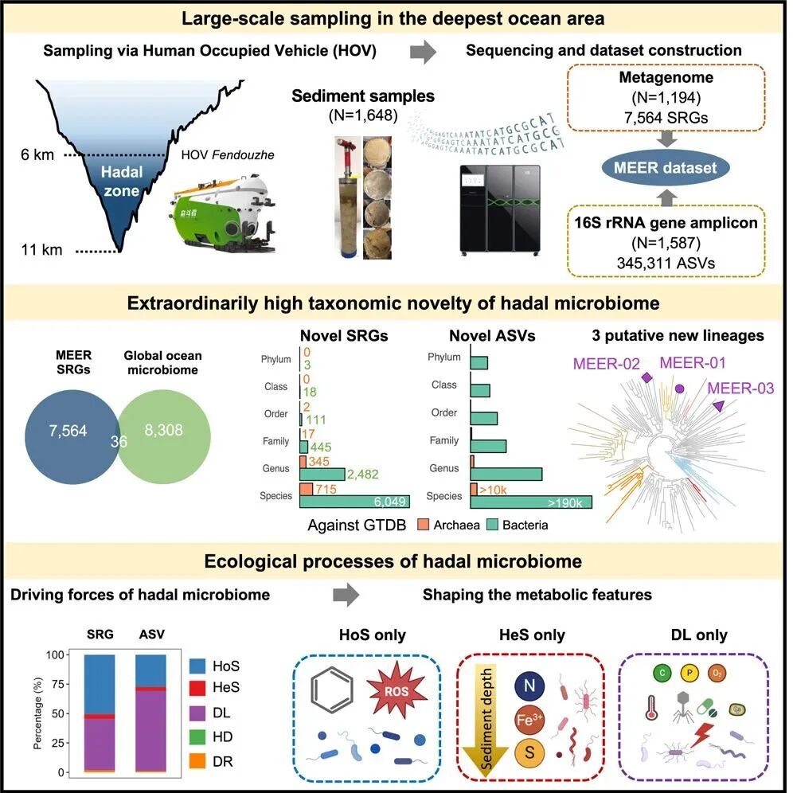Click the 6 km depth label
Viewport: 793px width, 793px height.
click(37, 155)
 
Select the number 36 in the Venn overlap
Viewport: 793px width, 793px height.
click(119, 439)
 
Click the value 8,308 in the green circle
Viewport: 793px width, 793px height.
click(164, 431)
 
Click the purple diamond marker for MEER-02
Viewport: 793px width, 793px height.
click(647, 377)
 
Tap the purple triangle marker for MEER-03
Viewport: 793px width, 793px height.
click(719, 407)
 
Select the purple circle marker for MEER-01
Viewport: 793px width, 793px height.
click(680, 389)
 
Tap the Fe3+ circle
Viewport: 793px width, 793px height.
click(530, 717)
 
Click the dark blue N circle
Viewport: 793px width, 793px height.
click(530, 683)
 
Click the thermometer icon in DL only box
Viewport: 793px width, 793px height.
click(650, 707)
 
